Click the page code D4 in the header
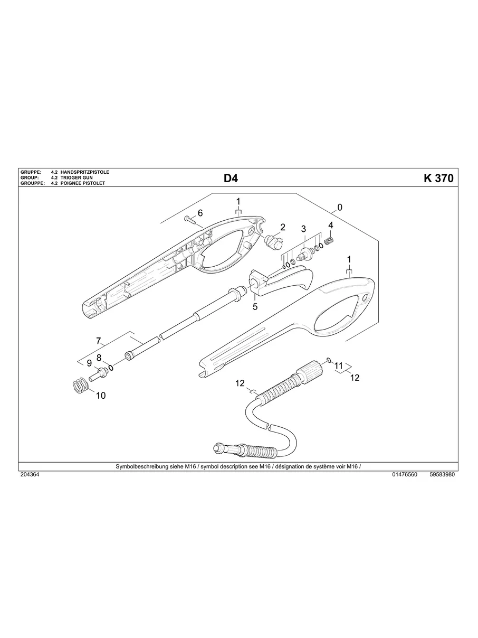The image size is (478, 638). pyautogui.click(x=231, y=179)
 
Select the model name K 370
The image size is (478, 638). pyautogui.click(x=438, y=179)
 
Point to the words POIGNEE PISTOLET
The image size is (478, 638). pyautogui.click(x=83, y=183)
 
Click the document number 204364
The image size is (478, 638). pyautogui.click(x=30, y=475)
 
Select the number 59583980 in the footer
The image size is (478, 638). pyautogui.click(x=442, y=475)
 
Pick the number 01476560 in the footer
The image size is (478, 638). pyautogui.click(x=405, y=475)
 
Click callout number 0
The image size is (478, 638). pyautogui.click(x=340, y=207)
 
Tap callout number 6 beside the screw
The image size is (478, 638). pyautogui.click(x=200, y=213)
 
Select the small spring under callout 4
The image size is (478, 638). pyautogui.click(x=329, y=240)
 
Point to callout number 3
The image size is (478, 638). pyautogui.click(x=303, y=229)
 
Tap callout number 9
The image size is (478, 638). pyautogui.click(x=89, y=363)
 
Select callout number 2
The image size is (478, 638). pyautogui.click(x=282, y=227)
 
